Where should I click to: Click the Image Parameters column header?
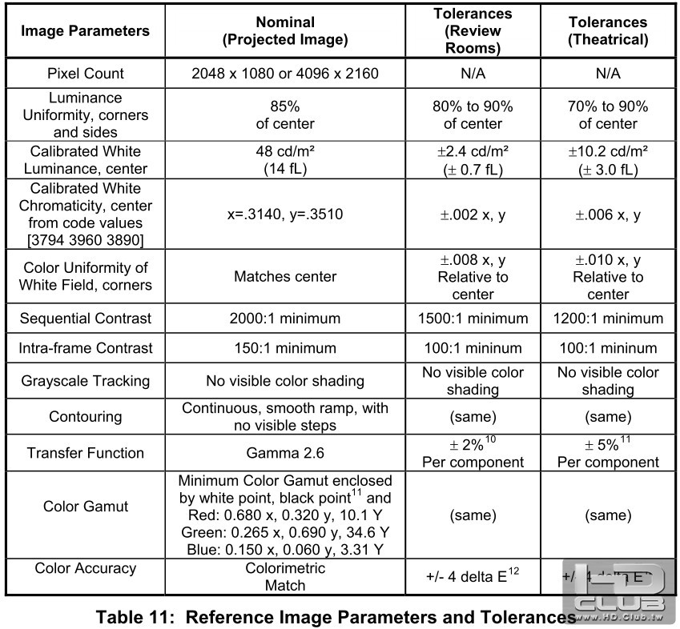click(85, 31)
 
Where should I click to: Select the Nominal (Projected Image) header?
click(285, 31)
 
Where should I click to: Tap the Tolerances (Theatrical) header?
click(607, 31)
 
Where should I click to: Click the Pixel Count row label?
click(85, 74)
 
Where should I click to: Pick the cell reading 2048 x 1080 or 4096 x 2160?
click(285, 74)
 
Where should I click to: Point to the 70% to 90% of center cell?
click(607, 115)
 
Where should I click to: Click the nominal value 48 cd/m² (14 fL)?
click(285, 160)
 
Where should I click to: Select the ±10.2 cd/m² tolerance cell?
click(607, 160)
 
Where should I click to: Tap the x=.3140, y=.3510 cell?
click(285, 215)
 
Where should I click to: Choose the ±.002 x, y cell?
click(473, 215)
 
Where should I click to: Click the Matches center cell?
click(285, 277)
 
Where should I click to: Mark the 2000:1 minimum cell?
click(285, 319)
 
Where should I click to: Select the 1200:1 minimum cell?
click(607, 319)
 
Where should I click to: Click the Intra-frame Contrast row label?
click(85, 348)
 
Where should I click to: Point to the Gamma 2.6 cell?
click(285, 453)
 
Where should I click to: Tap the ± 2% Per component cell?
click(473, 453)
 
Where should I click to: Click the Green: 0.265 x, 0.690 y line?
click(285, 532)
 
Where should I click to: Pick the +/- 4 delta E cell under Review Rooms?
click(473, 577)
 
